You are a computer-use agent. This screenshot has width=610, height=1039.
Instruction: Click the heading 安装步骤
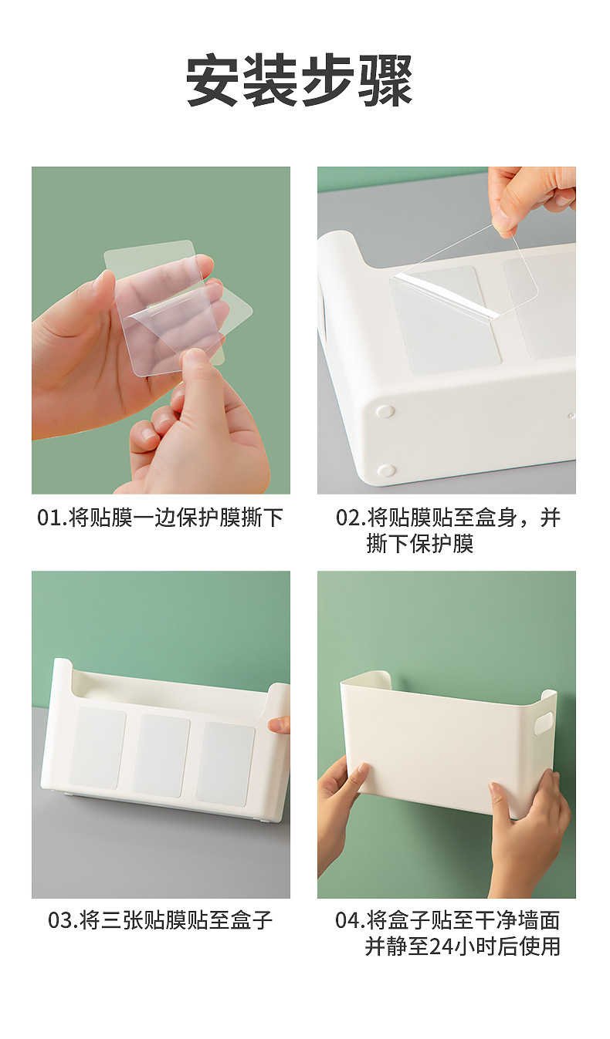click(300, 81)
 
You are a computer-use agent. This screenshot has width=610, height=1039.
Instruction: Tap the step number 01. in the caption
click(52, 518)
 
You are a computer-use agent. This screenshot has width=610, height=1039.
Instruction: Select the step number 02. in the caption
click(350, 518)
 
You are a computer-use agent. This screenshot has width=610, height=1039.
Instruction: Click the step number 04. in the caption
click(350, 920)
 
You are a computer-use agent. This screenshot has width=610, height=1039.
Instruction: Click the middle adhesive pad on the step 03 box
click(161, 755)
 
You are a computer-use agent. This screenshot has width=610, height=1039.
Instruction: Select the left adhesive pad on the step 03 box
click(97, 747)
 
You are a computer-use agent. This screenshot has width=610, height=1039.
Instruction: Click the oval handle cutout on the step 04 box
click(544, 722)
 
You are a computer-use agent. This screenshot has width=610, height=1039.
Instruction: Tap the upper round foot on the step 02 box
click(384, 412)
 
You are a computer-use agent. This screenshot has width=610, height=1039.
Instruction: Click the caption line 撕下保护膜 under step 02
click(419, 544)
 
